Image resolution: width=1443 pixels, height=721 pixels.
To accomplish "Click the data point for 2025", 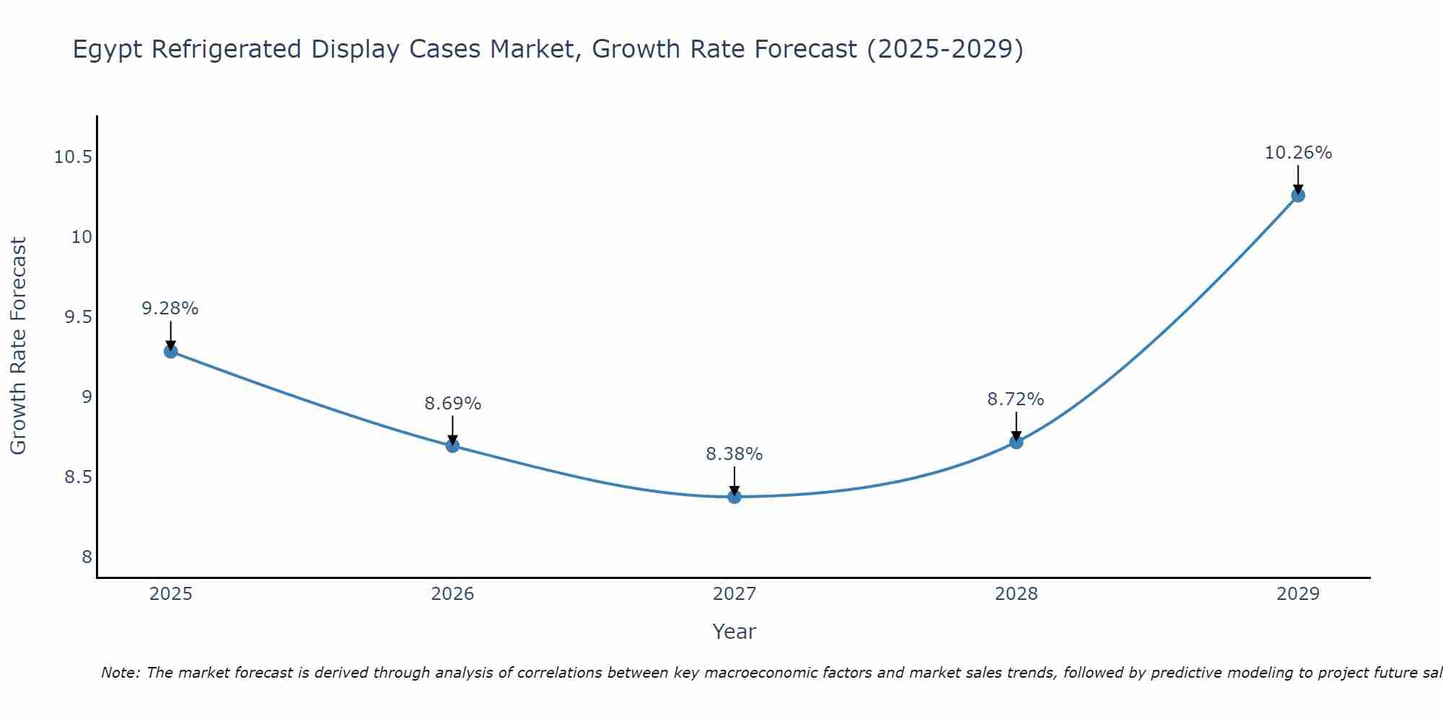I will point(171,351).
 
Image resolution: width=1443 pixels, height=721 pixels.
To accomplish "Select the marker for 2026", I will point(452,446).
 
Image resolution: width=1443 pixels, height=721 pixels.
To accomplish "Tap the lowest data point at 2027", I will point(734,496).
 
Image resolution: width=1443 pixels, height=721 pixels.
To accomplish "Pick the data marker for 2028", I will point(1016,441).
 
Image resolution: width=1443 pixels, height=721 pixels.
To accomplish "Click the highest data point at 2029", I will point(1298,195).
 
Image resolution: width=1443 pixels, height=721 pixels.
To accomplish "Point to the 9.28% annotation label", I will point(170,309).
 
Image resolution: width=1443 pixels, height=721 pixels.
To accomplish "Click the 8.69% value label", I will point(452,404).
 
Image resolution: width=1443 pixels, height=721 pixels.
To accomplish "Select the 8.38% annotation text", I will point(734,454).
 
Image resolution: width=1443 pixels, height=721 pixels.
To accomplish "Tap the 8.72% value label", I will point(1015,399).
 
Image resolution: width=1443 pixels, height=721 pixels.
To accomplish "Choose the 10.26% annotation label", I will point(1298,153).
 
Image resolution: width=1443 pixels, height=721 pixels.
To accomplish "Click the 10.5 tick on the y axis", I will point(73,157).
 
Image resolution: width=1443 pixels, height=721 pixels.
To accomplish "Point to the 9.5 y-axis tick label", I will point(79,317).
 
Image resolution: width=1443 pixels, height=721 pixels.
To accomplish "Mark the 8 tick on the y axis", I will point(87,557).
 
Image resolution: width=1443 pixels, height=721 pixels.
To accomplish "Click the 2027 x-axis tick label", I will point(734,594).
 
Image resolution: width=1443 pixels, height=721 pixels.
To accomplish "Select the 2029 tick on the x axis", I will point(1298,594).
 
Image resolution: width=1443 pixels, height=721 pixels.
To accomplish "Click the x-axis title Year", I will point(734,632).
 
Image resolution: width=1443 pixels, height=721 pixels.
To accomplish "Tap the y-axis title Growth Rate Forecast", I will point(19,346).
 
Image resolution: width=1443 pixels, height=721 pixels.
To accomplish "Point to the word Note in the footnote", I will point(120,673).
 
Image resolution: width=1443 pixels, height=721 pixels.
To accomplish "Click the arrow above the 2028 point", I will point(1016,425).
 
